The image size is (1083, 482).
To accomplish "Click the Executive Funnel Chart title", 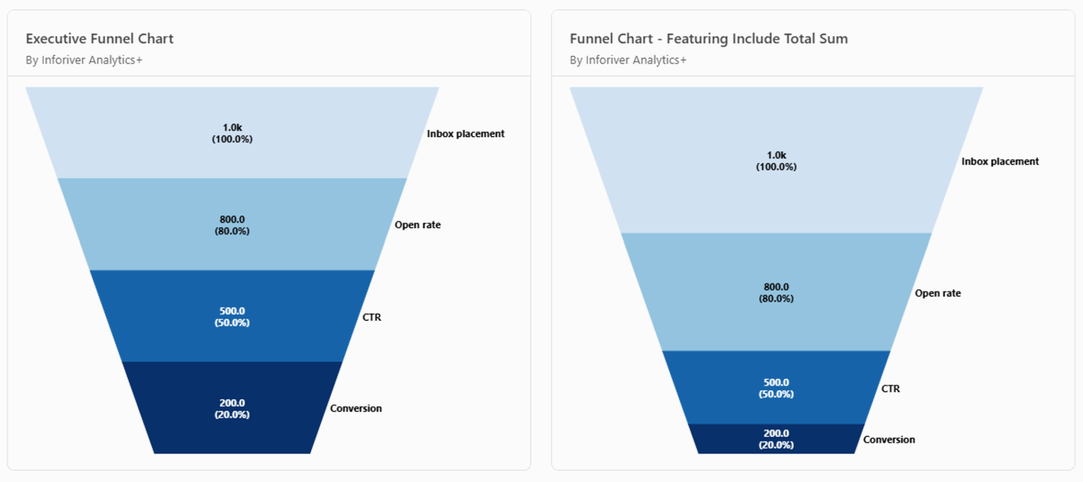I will [99, 39].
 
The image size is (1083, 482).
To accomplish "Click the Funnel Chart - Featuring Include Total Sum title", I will [709, 39].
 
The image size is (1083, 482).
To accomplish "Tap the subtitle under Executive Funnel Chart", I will [84, 60].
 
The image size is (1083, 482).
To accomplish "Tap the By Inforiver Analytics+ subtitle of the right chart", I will [628, 60].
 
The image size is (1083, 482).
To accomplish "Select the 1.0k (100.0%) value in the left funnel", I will [232, 133].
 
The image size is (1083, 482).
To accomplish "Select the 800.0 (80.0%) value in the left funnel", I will [232, 225].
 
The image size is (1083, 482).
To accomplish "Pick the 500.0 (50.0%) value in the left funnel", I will [232, 317].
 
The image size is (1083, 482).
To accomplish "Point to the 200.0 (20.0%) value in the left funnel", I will [232, 409].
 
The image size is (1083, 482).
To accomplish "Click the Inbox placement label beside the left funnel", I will [465, 134].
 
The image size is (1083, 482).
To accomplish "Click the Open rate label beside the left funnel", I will [417, 225].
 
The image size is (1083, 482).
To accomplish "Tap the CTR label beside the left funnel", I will [372, 317].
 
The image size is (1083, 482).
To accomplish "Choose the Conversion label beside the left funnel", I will [356, 409].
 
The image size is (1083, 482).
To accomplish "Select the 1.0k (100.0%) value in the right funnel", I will [776, 161].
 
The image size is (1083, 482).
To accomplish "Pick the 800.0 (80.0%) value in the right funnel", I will [776, 293].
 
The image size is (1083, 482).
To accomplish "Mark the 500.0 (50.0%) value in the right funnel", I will [776, 388].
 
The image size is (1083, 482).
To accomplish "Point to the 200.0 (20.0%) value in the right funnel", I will [776, 439].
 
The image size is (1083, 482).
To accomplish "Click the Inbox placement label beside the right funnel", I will [1000, 162].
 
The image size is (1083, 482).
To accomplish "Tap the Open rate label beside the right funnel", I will [938, 293].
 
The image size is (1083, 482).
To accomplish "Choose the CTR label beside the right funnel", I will [891, 389].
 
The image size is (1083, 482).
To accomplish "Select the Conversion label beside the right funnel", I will [889, 440].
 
